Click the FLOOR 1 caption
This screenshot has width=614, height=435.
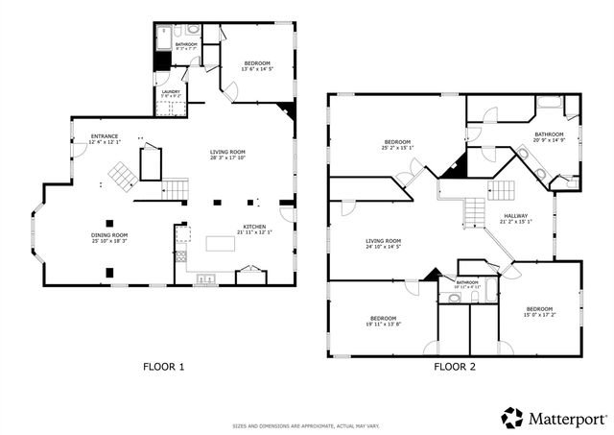coord(163,366)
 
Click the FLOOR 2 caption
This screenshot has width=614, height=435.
coord(454,366)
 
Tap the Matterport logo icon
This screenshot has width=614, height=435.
coord(512,418)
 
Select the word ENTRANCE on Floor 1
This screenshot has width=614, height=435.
coord(105,136)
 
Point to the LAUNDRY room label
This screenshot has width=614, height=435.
coord(171,92)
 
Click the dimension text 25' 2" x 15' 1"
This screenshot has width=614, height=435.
coord(397,148)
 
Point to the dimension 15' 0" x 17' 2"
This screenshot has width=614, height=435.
coord(538,315)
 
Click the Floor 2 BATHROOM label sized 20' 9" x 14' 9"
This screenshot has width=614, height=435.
coord(549,134)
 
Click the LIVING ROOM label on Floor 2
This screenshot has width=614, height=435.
coord(383,241)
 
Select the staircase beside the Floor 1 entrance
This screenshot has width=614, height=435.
coord(120,176)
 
